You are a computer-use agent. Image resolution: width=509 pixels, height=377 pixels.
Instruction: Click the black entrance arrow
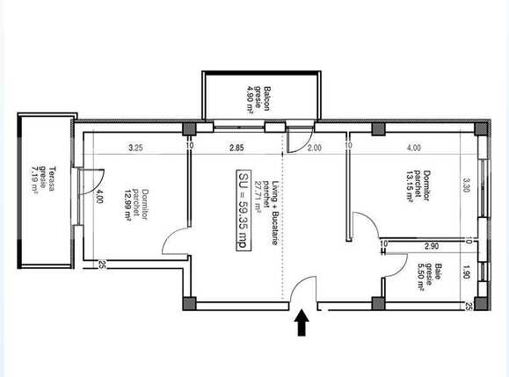tap(304, 323)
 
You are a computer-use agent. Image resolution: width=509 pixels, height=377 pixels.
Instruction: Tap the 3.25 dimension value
tap(135, 147)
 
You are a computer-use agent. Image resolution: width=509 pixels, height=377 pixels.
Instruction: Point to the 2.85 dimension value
tap(237, 147)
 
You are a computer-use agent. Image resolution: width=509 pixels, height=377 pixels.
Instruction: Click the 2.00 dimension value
tap(314, 147)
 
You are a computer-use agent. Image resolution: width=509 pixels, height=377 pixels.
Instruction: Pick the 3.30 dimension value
tap(468, 185)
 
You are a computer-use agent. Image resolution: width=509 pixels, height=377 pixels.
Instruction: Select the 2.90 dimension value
tap(431, 246)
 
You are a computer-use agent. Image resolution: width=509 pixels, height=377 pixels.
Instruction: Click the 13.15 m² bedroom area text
tap(410, 186)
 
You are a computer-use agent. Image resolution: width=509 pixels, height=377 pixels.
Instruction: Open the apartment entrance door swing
tap(304, 289)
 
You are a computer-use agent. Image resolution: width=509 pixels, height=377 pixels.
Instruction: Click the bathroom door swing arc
tap(395, 263)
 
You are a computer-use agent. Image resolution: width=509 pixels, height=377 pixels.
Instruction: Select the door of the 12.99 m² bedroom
tap(176, 242)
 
